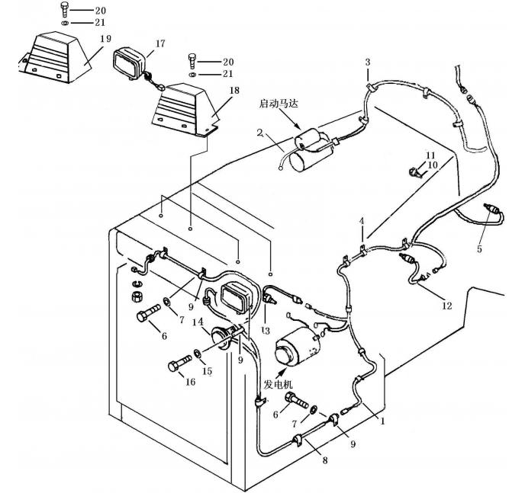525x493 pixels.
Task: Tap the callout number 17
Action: pos(159,44)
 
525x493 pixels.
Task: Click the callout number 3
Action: pos(367,61)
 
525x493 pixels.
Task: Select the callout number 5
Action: pos(480,248)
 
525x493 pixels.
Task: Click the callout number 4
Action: pos(363,220)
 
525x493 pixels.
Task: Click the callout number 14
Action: pos(198,322)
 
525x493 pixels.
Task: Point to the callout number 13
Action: pos(266,331)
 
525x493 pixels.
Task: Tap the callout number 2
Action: pos(260,133)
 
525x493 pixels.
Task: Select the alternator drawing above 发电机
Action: pos(294,349)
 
